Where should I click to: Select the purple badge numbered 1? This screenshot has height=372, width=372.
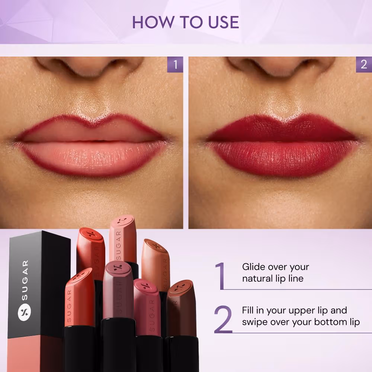(175, 64)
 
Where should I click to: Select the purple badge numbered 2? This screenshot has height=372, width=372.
(364, 64)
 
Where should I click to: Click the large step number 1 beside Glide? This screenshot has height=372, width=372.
(220, 276)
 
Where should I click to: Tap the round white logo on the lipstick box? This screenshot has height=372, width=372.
(25, 311)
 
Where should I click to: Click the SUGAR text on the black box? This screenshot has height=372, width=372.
(25, 280)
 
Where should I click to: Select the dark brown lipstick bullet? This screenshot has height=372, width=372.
(181, 308)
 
